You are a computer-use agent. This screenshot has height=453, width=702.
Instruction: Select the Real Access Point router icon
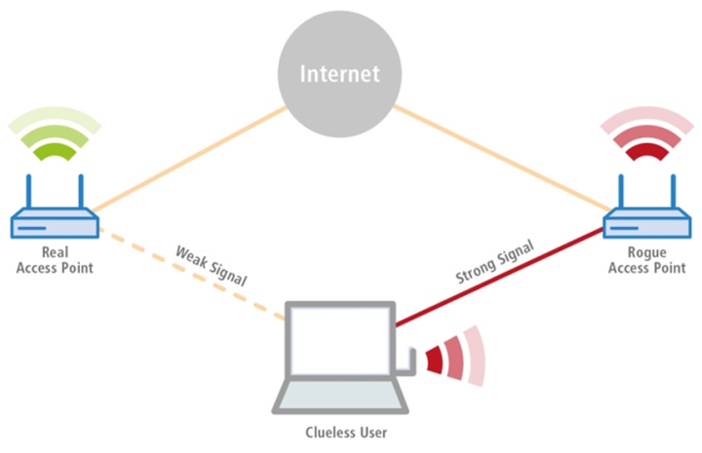coord(54,225)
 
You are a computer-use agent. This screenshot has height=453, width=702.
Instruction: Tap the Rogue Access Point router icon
coord(644,225)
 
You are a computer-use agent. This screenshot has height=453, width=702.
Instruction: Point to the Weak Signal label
coord(210,264)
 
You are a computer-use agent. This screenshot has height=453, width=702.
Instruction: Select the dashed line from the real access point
coord(185,274)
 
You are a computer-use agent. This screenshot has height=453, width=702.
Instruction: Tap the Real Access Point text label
coord(55,260)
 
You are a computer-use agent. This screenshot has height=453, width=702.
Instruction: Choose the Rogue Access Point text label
coord(645,260)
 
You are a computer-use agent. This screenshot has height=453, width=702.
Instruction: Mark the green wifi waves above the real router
coord(55,136)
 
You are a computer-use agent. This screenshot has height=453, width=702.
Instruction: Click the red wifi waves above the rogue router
coord(644,136)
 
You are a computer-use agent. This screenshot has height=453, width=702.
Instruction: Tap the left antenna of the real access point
coord(30,192)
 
